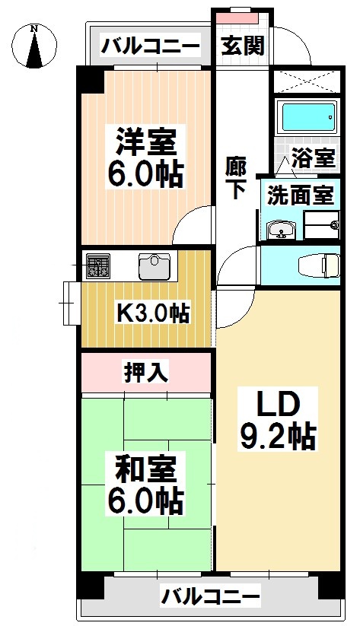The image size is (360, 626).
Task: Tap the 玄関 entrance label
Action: pyautogui.click(x=243, y=46)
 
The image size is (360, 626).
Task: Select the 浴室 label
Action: pyautogui.click(x=314, y=158)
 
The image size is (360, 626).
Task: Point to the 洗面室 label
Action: pyautogui.click(x=300, y=195)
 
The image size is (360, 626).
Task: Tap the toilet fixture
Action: pyautogui.click(x=320, y=265)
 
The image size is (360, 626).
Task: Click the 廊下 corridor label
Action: pyautogui.click(x=235, y=177)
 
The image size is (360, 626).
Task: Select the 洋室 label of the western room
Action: pyautogui.click(x=146, y=142)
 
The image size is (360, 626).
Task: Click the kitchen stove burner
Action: pyautogui.click(x=97, y=266)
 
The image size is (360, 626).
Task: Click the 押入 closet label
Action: pyautogui.click(x=146, y=372)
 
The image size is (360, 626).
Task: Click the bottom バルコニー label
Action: pyautogui.click(x=211, y=596)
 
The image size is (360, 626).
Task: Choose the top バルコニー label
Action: pyautogui.click(x=151, y=47)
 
